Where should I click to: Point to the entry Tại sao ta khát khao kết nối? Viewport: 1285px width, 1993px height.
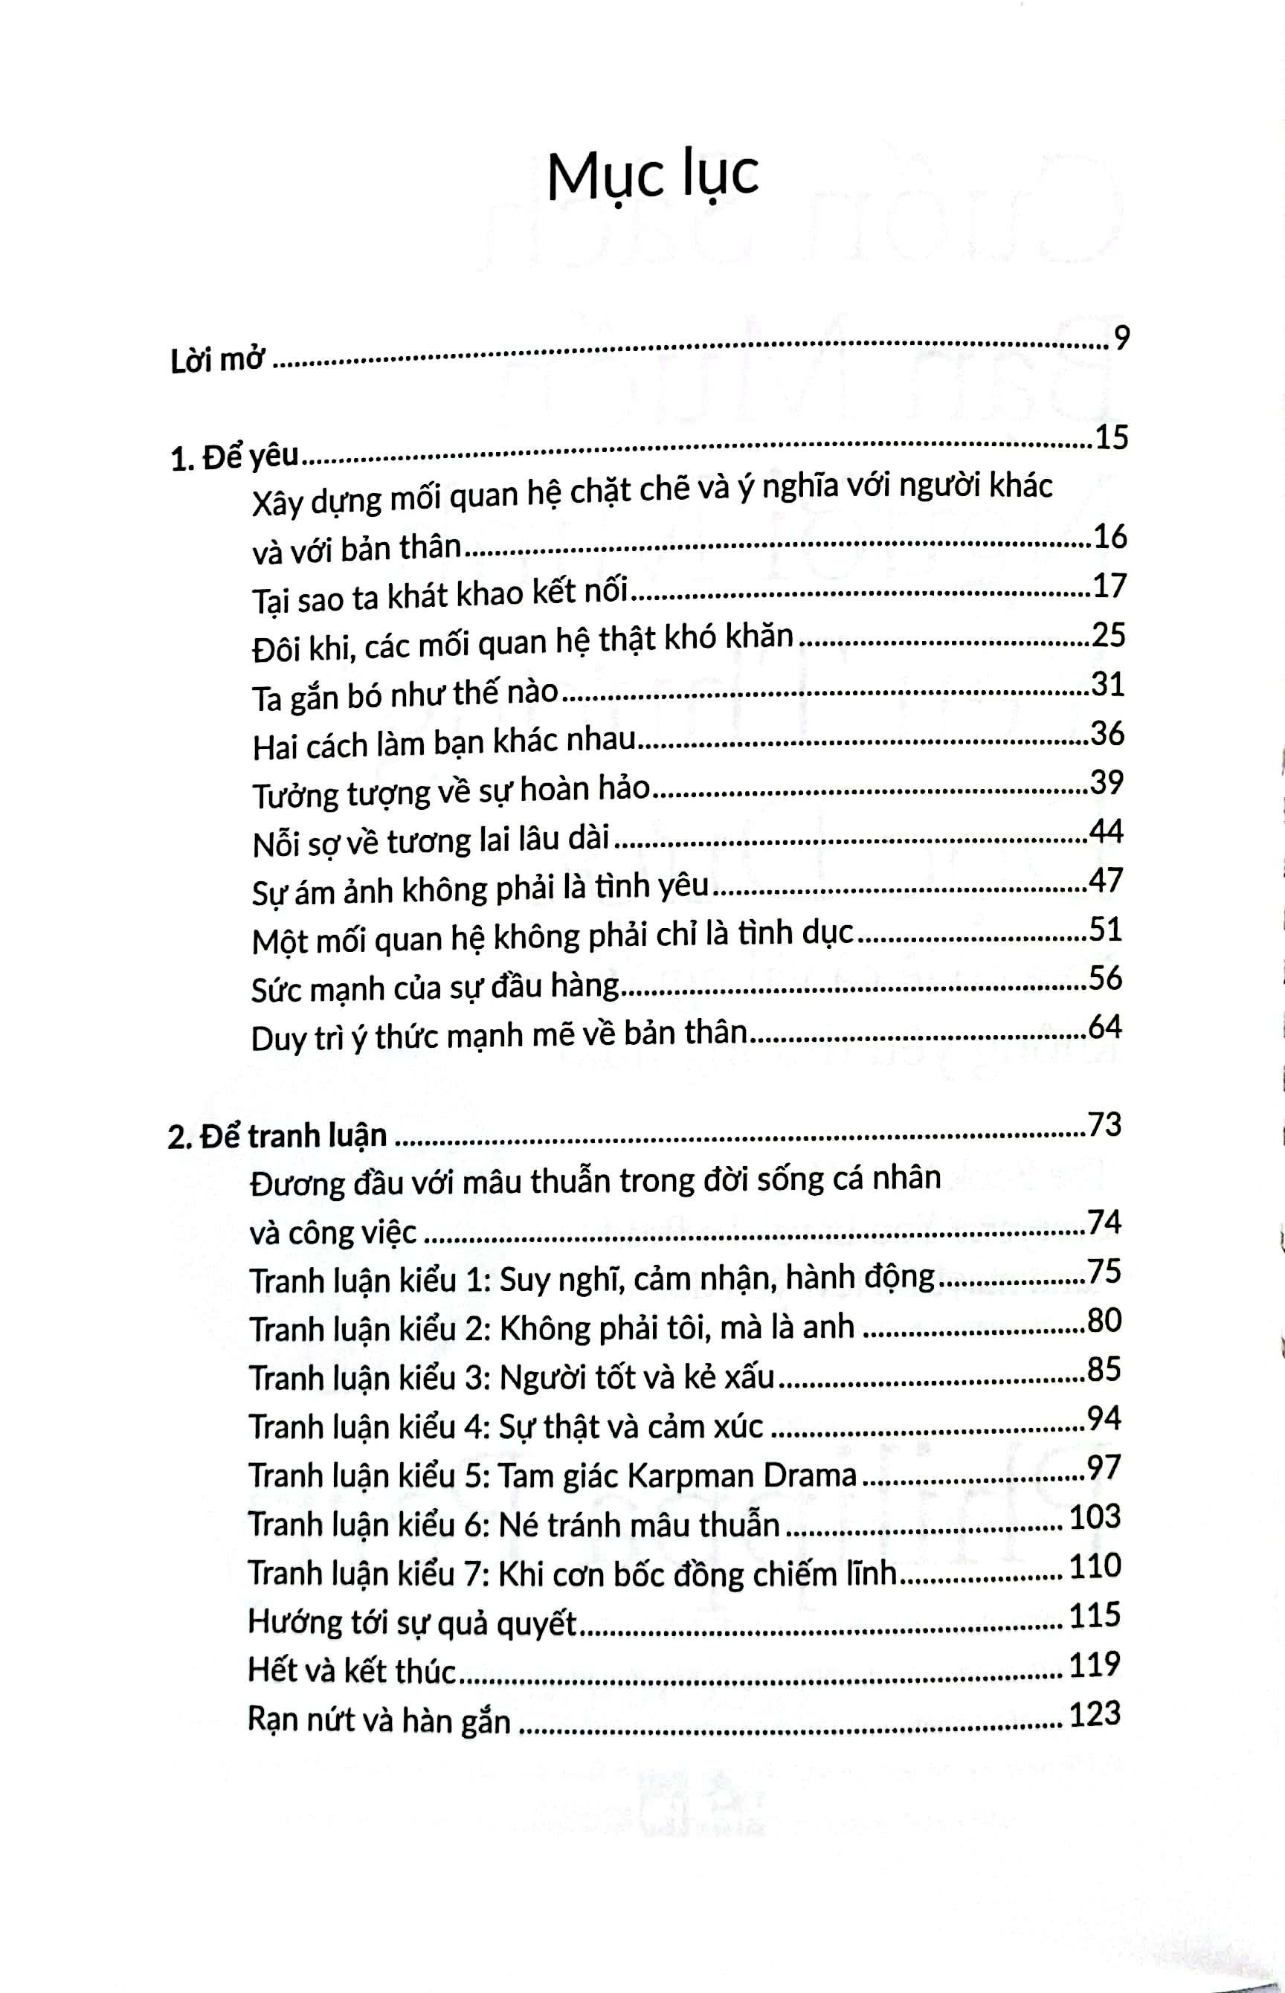tap(439, 597)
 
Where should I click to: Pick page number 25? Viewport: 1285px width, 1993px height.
tap(1108, 636)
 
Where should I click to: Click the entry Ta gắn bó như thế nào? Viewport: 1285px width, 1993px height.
tap(405, 696)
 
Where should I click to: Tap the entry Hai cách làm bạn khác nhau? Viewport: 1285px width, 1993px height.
tap(444, 744)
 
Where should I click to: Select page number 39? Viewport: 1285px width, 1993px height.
tap(1107, 782)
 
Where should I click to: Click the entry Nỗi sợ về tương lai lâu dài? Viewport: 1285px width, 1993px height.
tap(431, 843)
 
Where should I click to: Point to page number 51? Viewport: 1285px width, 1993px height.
tap(1107, 930)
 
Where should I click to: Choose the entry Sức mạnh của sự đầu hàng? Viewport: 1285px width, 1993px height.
tap(435, 988)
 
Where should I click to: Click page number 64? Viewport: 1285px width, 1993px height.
tap(1106, 1027)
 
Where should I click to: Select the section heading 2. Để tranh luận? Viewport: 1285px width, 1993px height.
tap(277, 1136)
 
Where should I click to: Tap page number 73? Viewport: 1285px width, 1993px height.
tap(1105, 1125)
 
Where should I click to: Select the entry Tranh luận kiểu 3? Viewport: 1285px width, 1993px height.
tap(512, 1377)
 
